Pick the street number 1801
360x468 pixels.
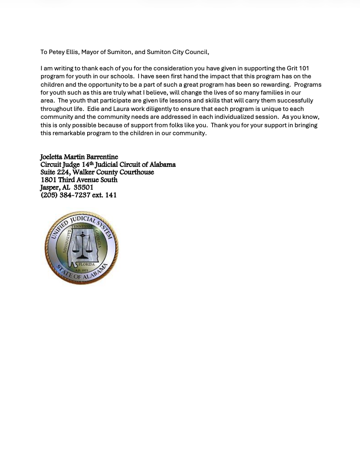click(48, 179)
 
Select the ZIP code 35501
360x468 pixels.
click(83, 187)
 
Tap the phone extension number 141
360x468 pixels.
click(111, 195)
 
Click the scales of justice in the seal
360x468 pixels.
click(84, 244)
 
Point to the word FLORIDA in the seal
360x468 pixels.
click(87, 264)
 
